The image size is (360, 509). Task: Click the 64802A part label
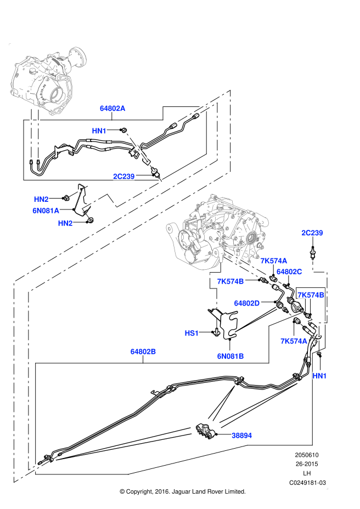(x=113, y=109)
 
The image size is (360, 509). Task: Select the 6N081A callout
(x=46, y=211)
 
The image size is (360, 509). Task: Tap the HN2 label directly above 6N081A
(x=41, y=200)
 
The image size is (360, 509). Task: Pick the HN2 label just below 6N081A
(x=65, y=223)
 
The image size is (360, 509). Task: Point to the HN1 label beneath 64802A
(x=99, y=131)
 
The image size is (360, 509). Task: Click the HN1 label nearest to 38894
(x=319, y=376)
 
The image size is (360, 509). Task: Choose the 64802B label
(x=143, y=352)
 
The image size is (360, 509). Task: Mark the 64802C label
(x=289, y=272)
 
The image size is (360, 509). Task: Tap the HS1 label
(x=192, y=333)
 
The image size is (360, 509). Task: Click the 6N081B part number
(x=230, y=357)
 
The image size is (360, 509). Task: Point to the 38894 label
(x=242, y=436)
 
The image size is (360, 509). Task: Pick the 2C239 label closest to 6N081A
(x=124, y=177)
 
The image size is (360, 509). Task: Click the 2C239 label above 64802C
(x=312, y=233)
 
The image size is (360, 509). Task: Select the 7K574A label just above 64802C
(x=274, y=261)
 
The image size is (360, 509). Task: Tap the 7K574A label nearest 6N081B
(x=294, y=341)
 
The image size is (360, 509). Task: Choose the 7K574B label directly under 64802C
(x=311, y=295)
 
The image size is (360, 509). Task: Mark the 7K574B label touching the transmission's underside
(x=230, y=282)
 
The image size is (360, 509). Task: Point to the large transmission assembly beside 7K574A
(x=220, y=230)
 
